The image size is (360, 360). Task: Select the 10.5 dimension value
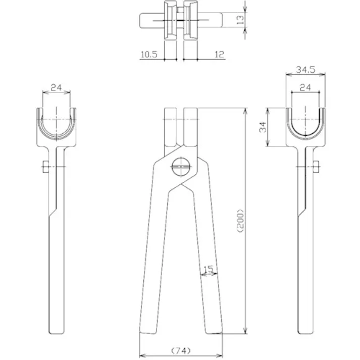(x=148, y=54)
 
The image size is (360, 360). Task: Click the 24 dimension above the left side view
(x=56, y=87)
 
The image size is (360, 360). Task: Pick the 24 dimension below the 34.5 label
(x=305, y=87)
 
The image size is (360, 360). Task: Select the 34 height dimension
(x=263, y=127)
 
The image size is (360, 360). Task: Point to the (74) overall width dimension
(x=180, y=350)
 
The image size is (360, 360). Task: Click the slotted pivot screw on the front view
(x=180, y=166)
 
